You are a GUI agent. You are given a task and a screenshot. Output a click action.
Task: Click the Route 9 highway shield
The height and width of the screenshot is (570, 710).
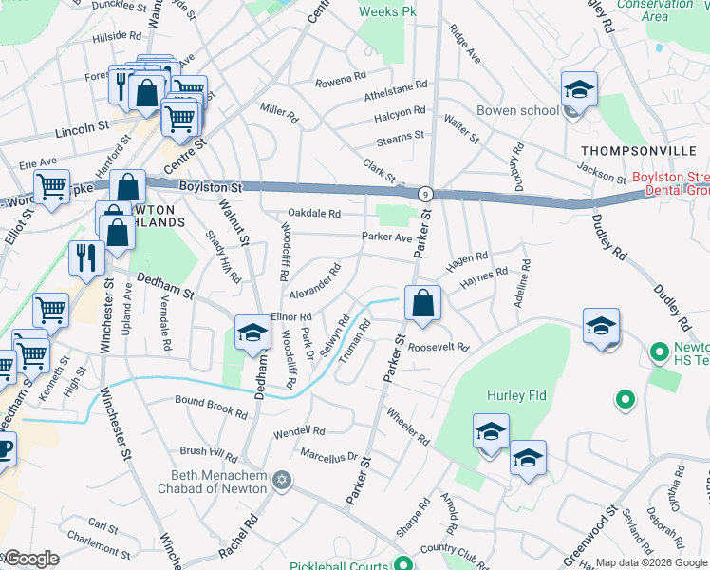point(426,193)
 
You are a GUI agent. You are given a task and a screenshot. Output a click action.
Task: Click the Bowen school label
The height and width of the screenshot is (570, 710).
point(517,111)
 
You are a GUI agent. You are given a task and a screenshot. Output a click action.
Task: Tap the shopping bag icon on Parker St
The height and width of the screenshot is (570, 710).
point(422,304)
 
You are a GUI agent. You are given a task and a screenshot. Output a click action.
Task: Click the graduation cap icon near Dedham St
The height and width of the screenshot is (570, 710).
point(252,332)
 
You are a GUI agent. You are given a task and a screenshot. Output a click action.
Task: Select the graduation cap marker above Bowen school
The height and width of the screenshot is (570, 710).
point(578,89)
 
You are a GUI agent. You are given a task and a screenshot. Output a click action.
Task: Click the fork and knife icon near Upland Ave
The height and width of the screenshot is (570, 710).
point(86,256)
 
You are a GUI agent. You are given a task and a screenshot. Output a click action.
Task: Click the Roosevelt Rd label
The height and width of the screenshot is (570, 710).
point(439,348)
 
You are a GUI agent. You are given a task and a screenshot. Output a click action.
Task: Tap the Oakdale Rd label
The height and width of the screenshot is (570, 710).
point(314,214)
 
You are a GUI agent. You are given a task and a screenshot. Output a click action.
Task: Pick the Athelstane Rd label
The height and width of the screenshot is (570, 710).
point(397,88)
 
